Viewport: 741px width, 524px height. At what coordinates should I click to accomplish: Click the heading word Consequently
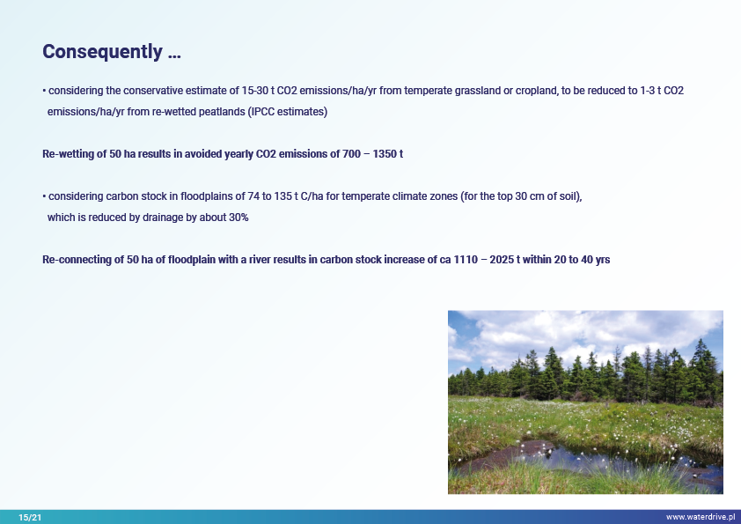point(103,52)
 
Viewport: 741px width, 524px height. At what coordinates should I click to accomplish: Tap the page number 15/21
point(30,517)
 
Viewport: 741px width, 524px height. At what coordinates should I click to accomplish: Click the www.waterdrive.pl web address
point(701,517)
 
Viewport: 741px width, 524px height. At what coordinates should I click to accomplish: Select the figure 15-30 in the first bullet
point(254,91)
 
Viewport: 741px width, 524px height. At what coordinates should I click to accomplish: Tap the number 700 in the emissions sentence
point(352,154)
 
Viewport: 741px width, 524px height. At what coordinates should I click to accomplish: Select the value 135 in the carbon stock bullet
point(282,196)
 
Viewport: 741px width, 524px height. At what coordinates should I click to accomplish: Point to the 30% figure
point(238,218)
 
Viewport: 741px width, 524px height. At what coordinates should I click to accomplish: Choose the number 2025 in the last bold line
point(502,260)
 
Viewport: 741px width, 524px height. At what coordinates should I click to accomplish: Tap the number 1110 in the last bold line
point(466,260)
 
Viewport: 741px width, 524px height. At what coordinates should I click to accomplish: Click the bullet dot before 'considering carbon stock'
point(44,196)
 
